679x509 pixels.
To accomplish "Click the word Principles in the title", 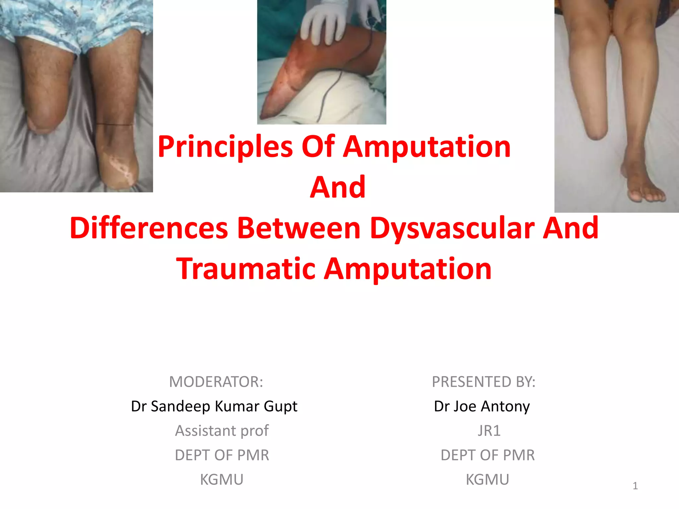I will pyautogui.click(x=225, y=147).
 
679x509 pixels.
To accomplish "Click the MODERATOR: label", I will pyautogui.click(x=216, y=382).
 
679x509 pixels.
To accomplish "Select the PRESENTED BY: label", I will pyautogui.click(x=483, y=382).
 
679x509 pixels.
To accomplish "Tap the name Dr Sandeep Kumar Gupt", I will pyautogui.click(x=214, y=406).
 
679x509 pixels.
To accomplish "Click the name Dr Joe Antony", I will pyautogui.click(x=482, y=406).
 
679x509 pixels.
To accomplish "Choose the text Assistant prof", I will pyautogui.click(x=222, y=431).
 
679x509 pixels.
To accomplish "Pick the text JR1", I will pyautogui.click(x=489, y=431).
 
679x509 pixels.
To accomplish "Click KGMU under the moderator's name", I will pyautogui.click(x=222, y=480).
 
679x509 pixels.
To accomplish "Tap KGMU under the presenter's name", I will pyautogui.click(x=487, y=480).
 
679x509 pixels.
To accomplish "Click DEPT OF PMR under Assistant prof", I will pyautogui.click(x=222, y=455).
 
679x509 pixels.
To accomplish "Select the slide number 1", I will pyautogui.click(x=635, y=486).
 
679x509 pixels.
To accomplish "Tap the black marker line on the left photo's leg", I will pyautogui.click(x=114, y=125).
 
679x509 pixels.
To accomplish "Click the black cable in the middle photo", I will pyautogui.click(x=327, y=93).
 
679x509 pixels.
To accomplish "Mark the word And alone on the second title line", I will pyautogui.click(x=338, y=188).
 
